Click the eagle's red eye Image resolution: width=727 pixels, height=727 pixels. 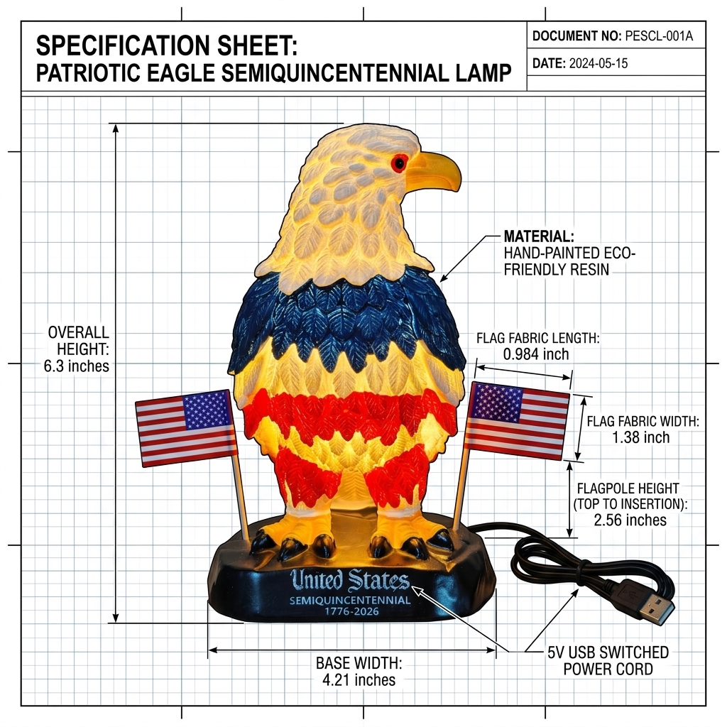[x=399, y=163]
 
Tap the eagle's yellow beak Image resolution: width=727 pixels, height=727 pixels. [x=435, y=171]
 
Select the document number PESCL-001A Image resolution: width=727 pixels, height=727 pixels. [x=659, y=35]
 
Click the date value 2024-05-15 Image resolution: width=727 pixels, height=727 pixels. [x=598, y=63]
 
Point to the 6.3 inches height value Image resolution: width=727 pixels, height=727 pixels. [x=77, y=366]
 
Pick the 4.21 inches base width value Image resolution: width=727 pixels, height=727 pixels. [x=359, y=679]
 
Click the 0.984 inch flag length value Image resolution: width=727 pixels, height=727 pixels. [x=536, y=354]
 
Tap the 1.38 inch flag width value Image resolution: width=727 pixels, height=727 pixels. [x=641, y=437]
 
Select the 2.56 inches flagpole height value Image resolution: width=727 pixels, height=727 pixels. [x=630, y=520]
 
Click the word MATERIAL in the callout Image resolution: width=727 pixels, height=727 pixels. [x=540, y=236]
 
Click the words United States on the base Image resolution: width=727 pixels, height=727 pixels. [x=349, y=580]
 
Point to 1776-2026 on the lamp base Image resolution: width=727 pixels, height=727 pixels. [x=351, y=611]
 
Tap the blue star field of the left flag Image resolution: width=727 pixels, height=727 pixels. [x=207, y=410]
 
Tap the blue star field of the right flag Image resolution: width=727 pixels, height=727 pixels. [x=497, y=403]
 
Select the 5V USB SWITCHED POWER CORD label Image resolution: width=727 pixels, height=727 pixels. [x=608, y=661]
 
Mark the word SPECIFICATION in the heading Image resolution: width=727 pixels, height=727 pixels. [x=121, y=45]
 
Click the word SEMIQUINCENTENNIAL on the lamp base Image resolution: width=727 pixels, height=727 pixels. [x=350, y=600]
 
